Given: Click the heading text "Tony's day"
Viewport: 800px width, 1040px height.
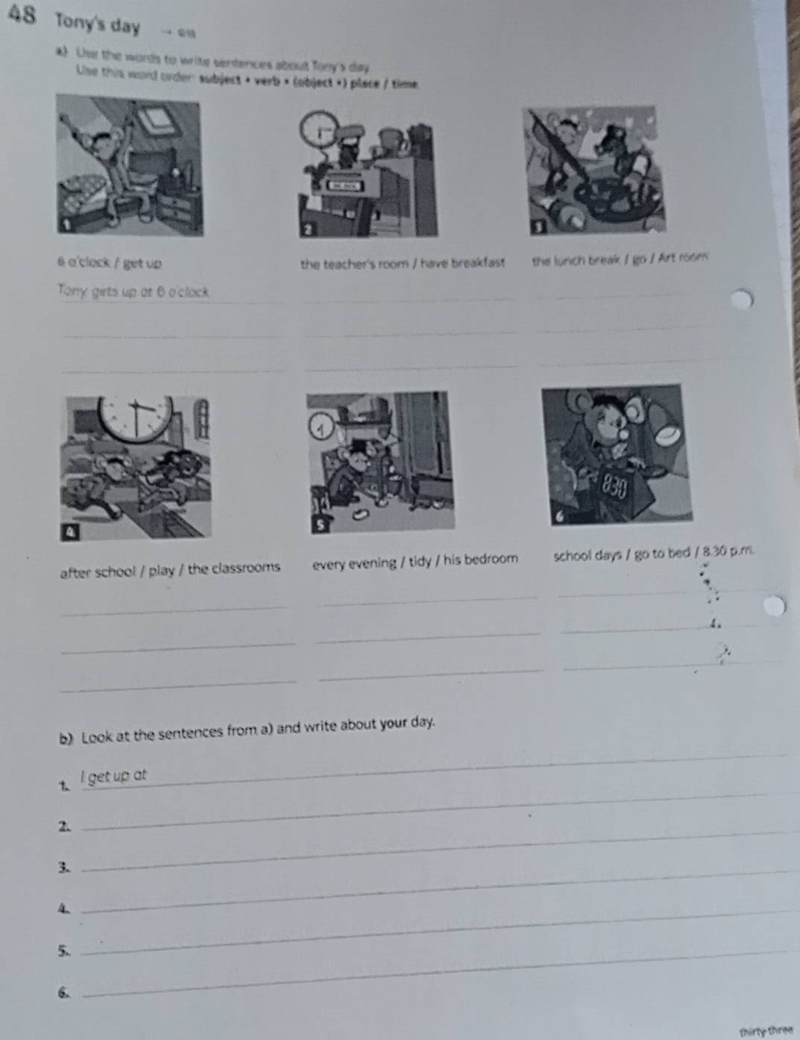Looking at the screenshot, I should coord(98,25).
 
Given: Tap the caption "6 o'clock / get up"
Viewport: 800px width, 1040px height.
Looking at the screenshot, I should coord(110,263).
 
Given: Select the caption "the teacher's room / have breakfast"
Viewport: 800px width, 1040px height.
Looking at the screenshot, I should coord(403,263).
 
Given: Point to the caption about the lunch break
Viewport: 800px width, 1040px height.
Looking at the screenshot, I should coord(620,260).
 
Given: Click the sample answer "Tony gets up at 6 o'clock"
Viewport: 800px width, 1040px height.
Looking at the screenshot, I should coord(133,292).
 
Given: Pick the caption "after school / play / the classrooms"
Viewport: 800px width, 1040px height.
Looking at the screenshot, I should coord(170,569).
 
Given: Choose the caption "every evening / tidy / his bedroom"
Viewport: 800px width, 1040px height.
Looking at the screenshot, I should coord(415,560).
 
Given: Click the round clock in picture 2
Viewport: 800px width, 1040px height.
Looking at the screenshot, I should coord(318,130).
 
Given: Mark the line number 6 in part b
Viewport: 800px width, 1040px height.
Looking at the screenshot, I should coord(65,992).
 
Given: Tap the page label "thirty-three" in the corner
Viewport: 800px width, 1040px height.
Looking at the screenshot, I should coord(765,1031).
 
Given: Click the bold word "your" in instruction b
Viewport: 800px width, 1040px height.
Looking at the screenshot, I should coord(394,724).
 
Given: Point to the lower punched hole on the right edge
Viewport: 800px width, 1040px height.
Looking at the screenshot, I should coord(775,607).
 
